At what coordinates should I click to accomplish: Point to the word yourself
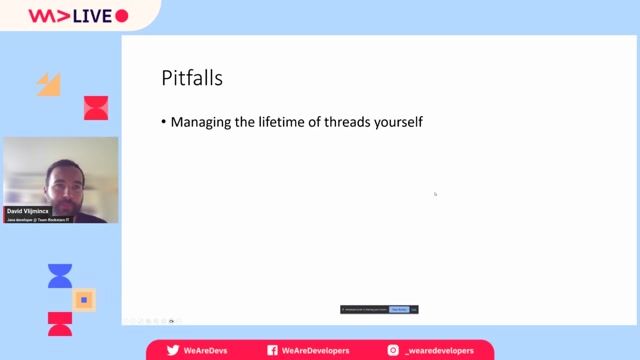coord(401,123)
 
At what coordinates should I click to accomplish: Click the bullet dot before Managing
coord(164,123)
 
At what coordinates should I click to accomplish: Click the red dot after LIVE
coord(122,16)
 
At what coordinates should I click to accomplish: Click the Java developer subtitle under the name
coord(39,219)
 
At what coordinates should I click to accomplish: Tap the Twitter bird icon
coord(172,350)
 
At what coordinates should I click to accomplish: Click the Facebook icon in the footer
coord(272,350)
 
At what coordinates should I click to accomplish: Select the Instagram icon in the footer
coord(393,350)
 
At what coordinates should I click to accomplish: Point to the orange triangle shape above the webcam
coord(49,84)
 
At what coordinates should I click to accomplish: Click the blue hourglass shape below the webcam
coord(60,276)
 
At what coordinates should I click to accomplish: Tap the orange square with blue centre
coord(85,299)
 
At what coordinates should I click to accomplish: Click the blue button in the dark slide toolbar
coord(398,309)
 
